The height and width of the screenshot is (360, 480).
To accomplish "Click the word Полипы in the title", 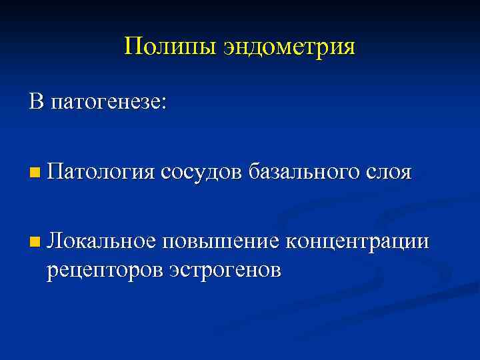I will click(169, 47).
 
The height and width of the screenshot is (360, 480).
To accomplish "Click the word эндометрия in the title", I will click(290, 48).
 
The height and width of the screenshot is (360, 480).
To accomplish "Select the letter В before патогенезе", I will click(36, 101).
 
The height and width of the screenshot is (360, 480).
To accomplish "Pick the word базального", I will click(305, 173).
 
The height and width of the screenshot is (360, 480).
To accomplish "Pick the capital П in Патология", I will click(55, 172).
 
